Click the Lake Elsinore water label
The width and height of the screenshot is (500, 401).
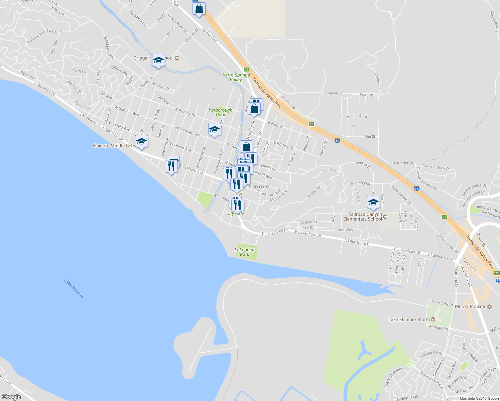[74, 289]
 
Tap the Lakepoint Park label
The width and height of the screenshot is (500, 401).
[245, 252]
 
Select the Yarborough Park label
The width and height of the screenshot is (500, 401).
[220, 112]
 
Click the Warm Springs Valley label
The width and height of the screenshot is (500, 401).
[236, 77]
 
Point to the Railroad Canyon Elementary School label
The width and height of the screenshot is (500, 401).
[365, 217]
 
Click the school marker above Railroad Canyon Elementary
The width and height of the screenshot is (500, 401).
[373, 202]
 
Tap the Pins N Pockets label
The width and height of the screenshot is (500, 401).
[471, 306]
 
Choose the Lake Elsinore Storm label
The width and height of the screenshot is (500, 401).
[409, 319]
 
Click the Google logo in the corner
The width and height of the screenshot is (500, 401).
[11, 397]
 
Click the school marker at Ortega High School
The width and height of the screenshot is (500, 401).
[158, 60]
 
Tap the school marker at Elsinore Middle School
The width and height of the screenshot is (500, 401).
[141, 142]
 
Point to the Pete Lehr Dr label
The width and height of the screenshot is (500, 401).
[442, 303]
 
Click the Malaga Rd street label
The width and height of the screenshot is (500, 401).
[439, 328]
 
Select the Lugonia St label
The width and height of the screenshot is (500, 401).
[334, 93]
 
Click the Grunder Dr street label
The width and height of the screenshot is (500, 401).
[403, 163]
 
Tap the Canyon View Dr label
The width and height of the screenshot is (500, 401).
[436, 167]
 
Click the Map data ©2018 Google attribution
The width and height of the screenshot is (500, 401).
[479, 398]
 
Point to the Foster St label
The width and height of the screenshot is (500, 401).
[54, 31]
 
